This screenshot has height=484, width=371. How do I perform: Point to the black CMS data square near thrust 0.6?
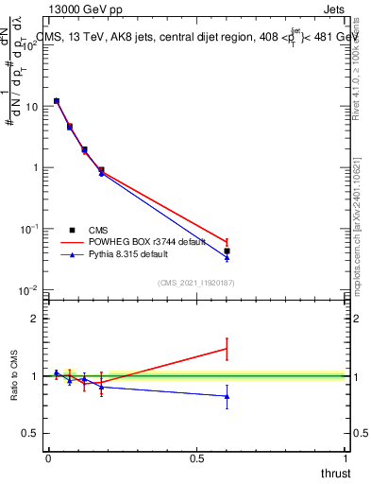(x=227, y=251)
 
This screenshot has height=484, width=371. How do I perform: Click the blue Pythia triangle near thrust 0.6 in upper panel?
(x=227, y=258)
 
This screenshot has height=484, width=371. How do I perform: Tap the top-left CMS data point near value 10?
(x=57, y=100)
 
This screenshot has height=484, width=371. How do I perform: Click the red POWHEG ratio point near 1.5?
(x=227, y=349)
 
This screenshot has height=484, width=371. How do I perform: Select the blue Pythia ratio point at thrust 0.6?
(x=227, y=396)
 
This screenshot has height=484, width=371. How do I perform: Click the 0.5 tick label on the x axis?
(x=196, y=458)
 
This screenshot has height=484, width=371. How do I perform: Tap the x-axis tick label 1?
(x=347, y=458)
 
